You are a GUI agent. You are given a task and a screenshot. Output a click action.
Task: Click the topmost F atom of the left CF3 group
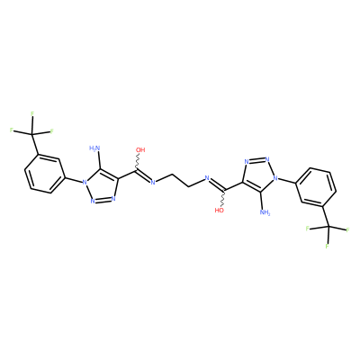pyautogui.click(x=32, y=113)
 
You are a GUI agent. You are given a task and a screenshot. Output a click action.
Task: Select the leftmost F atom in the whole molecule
pyautogui.click(x=12, y=130)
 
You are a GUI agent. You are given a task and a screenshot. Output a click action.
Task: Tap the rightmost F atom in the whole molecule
pyautogui.click(x=347, y=230)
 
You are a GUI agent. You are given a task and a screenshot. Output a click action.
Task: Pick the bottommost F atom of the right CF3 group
pyautogui.click(x=327, y=247)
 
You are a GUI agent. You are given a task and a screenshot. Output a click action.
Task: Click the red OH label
pyautogui.click(x=140, y=149)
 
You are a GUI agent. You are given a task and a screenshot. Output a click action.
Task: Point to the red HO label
pyautogui.click(x=220, y=211)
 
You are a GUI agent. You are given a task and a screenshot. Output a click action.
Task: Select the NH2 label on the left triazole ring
pyautogui.click(x=94, y=148)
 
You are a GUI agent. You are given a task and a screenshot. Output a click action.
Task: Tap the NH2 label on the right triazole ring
pyautogui.click(x=265, y=212)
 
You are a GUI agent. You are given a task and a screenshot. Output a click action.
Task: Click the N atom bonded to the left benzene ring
pyautogui.click(x=85, y=182)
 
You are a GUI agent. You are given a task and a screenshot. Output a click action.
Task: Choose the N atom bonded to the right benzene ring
pyautogui.click(x=274, y=178)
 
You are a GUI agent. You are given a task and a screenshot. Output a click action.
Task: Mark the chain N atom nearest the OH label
pyautogui.click(x=152, y=183)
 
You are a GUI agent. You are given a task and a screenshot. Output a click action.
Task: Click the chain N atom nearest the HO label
pyautogui.click(x=207, y=178)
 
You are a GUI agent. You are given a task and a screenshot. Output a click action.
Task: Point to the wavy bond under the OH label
pyautogui.click(x=138, y=162)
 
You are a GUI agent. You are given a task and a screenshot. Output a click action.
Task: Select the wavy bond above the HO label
pyautogui.click(x=222, y=198)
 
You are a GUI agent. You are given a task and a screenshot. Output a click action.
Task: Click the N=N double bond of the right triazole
pyautogui.click(x=256, y=160)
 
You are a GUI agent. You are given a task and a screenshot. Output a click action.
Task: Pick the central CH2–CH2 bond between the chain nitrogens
pyautogui.click(x=180, y=180)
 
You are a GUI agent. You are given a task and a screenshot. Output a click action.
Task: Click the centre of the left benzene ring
pyautogui.click(x=45, y=174)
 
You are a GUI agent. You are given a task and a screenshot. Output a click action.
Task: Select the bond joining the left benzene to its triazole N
pyautogui.click(x=73, y=179)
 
